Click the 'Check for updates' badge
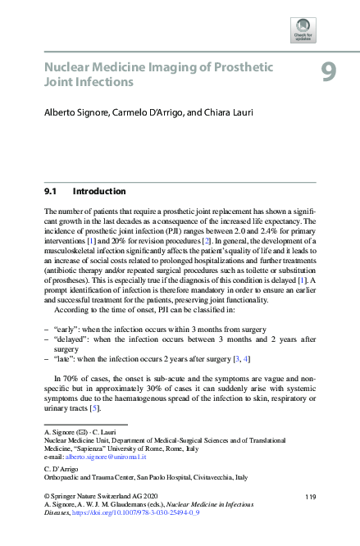pyautogui.click(x=303, y=30)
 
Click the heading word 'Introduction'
pyautogui.click(x=99, y=192)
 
